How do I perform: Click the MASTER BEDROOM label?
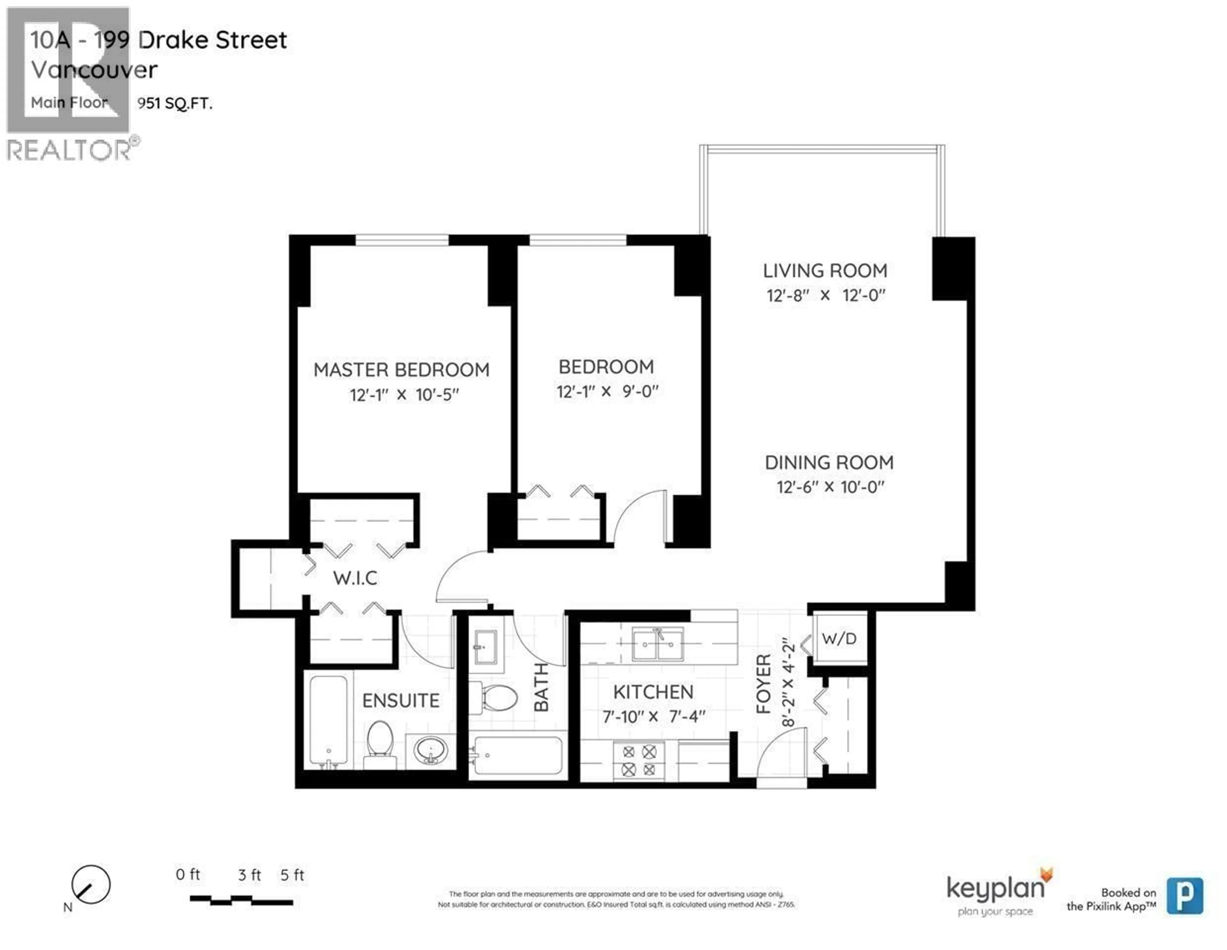pyautogui.click(x=401, y=370)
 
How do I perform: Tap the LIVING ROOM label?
pyautogui.click(x=825, y=271)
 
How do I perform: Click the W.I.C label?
pyautogui.click(x=355, y=578)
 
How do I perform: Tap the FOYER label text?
pyautogui.click(x=763, y=684)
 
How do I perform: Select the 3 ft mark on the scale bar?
pyautogui.click(x=249, y=875)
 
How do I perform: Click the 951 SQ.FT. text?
pyautogui.click(x=175, y=103)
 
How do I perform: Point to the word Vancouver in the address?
pyautogui.click(x=94, y=70)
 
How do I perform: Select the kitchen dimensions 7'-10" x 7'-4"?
pyautogui.click(x=653, y=717)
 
